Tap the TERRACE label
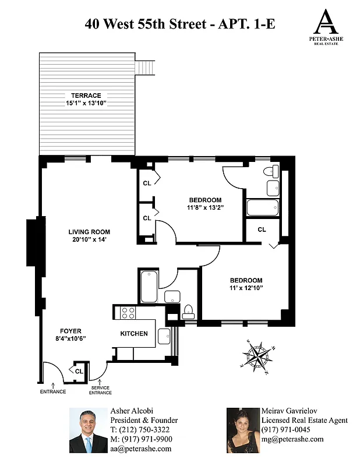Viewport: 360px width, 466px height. coord(86,96)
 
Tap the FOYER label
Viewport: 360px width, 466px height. coord(70,331)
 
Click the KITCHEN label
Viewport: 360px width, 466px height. coord(134,334)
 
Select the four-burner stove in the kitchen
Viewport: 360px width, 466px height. coord(128,313)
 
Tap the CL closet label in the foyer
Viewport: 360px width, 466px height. coord(78,370)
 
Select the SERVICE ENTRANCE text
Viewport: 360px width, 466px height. coord(100,391)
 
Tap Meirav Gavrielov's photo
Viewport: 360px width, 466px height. coord(242,430)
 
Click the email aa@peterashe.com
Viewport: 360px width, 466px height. coord(140,449)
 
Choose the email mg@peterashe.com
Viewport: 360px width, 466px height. coord(292,439)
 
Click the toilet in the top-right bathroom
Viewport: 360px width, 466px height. coord(271,171)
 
